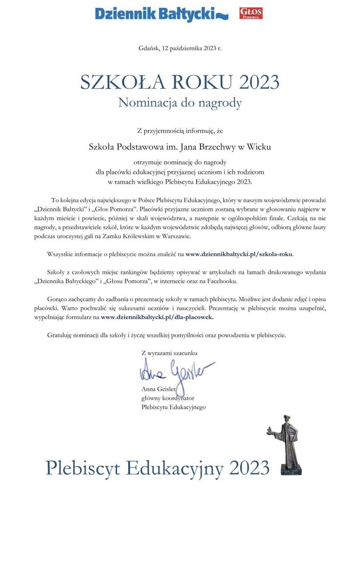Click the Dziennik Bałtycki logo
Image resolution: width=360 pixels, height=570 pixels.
(x=161, y=14)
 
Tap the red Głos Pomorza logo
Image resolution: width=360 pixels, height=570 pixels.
(x=251, y=13)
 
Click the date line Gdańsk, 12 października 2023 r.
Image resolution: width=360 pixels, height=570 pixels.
(x=180, y=48)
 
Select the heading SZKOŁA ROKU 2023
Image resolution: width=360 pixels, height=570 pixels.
(x=180, y=82)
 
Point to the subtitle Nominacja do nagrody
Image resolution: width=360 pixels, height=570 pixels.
(x=180, y=103)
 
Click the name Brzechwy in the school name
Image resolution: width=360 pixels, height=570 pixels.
(x=214, y=147)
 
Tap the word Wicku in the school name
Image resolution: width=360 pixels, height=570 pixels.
(x=259, y=147)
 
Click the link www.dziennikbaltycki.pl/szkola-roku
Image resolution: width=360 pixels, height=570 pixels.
(x=239, y=254)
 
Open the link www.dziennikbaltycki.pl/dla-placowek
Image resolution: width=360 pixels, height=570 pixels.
(x=157, y=317)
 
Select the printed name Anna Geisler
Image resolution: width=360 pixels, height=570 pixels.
(x=159, y=389)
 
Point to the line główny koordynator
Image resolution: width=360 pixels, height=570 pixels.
(x=168, y=398)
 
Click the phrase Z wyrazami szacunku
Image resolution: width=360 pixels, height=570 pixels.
(x=169, y=353)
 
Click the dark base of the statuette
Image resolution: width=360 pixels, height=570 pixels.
(x=292, y=470)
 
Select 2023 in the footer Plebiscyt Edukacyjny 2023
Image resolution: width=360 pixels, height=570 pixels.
(x=249, y=468)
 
